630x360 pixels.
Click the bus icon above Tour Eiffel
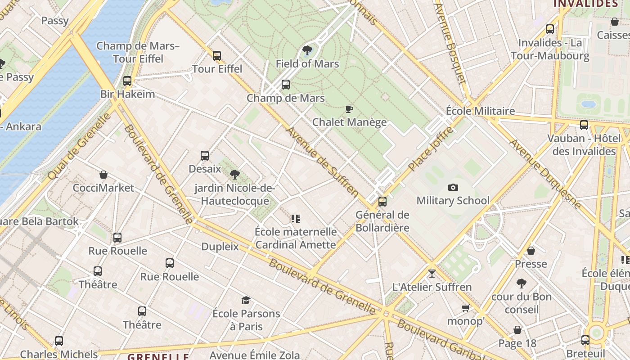tap(217, 56)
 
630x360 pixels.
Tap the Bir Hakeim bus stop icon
tap(127, 81)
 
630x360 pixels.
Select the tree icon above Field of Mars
tap(307, 50)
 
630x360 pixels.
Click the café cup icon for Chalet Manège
tap(349, 109)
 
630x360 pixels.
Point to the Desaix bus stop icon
tap(205, 156)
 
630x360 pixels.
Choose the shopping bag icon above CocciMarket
tap(103, 175)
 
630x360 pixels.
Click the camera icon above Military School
tap(453, 187)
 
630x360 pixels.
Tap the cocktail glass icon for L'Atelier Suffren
tap(432, 273)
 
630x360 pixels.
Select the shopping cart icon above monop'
tap(465, 308)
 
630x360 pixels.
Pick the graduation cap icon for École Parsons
tap(246, 300)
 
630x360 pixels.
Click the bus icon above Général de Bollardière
tap(382, 201)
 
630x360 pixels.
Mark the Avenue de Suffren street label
tap(323, 162)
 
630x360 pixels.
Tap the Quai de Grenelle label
tap(79, 146)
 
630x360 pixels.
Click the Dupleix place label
tap(220, 246)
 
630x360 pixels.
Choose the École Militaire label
tap(480, 111)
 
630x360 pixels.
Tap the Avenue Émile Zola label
tap(255, 355)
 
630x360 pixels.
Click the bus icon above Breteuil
tap(585, 340)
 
